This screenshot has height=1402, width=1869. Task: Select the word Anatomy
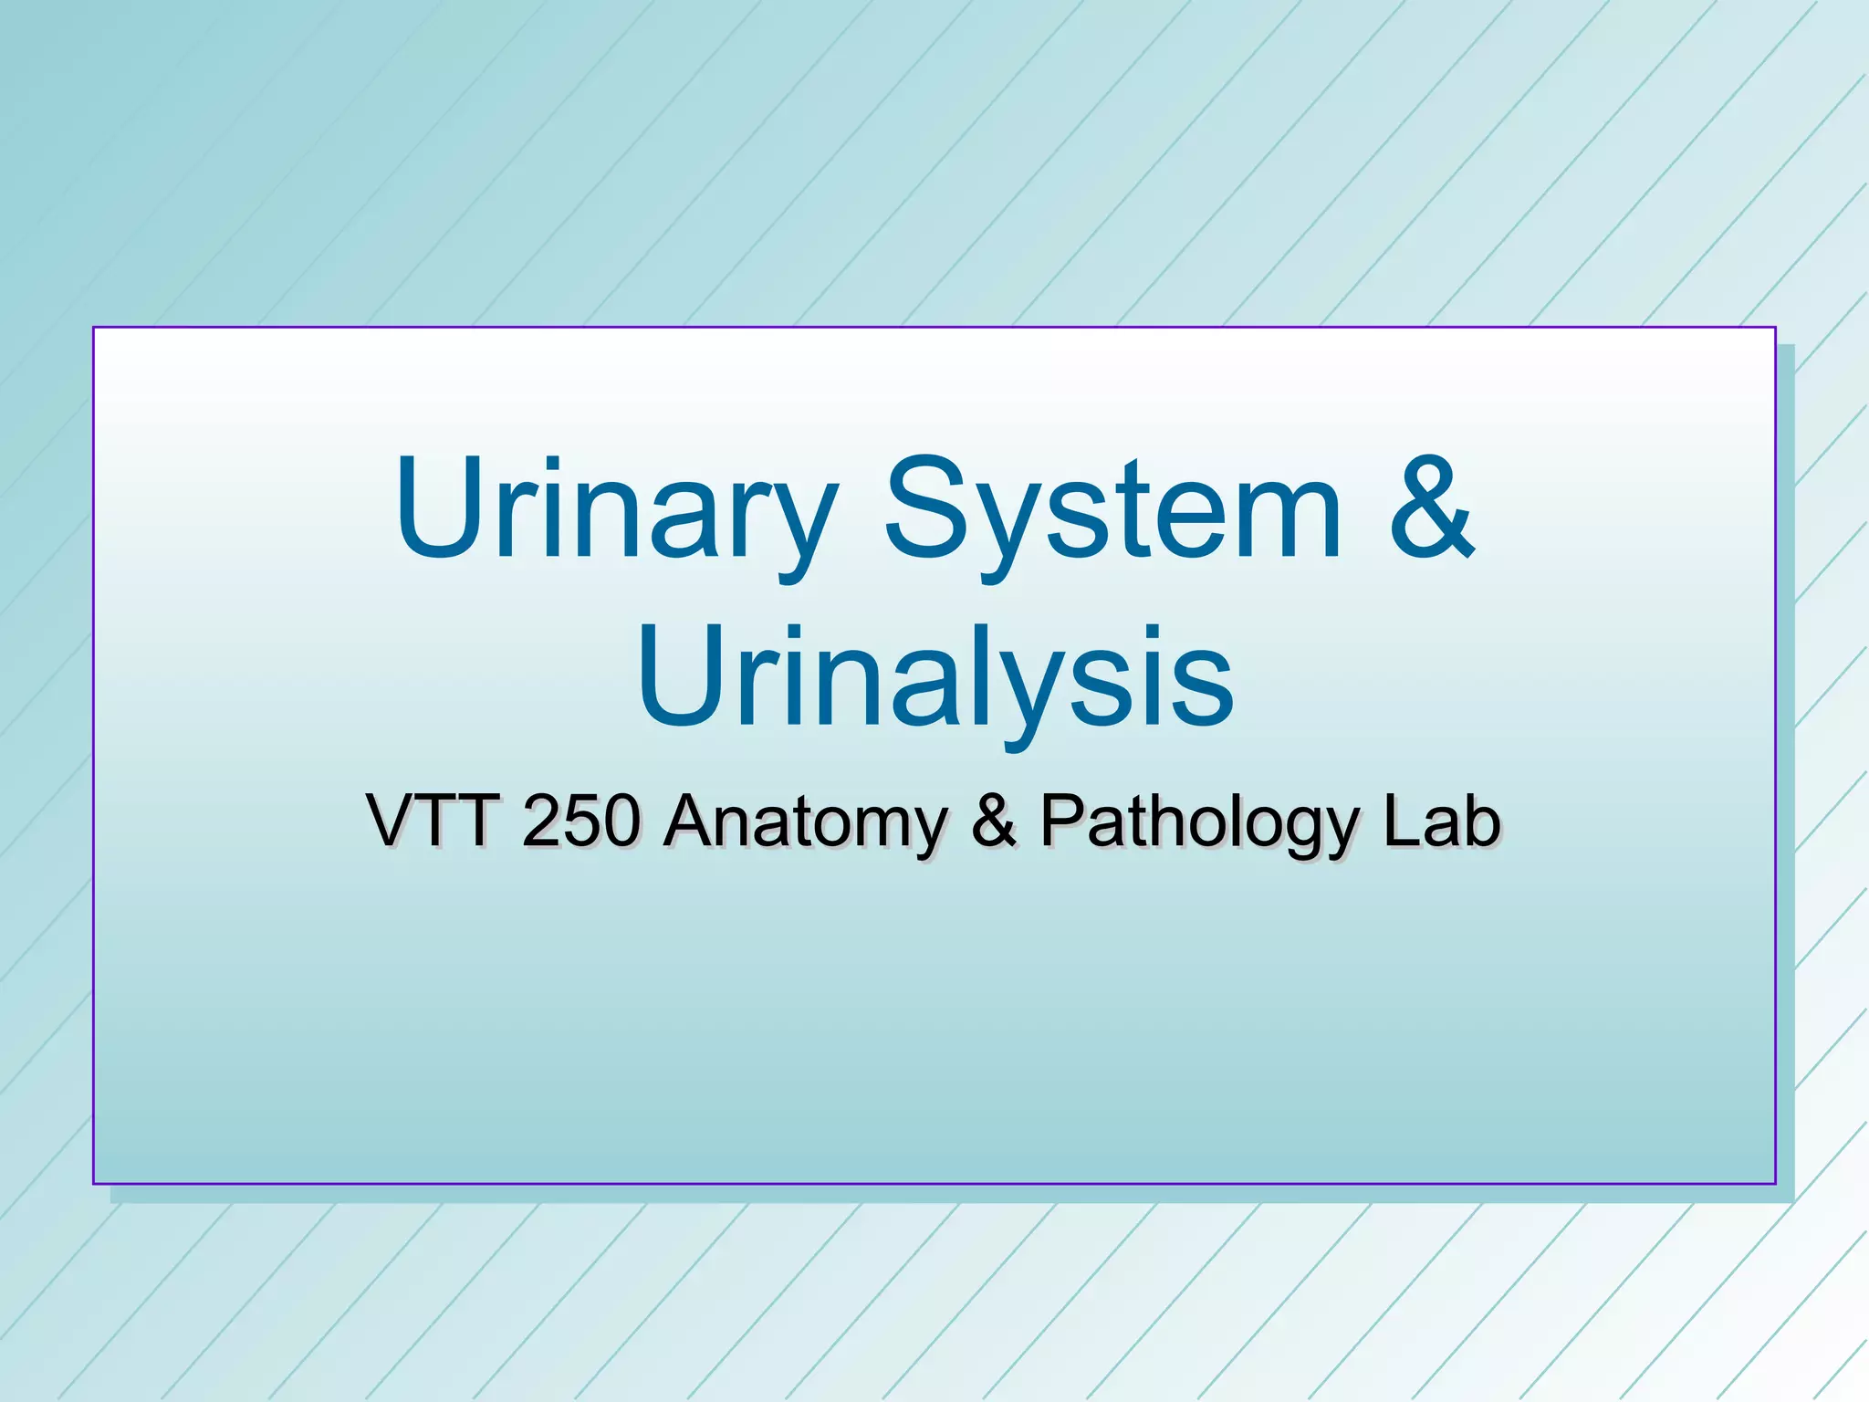tap(807, 821)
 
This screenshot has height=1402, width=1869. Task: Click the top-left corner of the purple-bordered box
tap(93, 327)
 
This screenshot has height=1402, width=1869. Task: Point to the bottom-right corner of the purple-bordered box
tap(1775, 1184)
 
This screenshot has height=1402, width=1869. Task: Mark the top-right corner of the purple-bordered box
tap(1775, 327)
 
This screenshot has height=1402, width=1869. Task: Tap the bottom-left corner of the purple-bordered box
tap(93, 1184)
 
